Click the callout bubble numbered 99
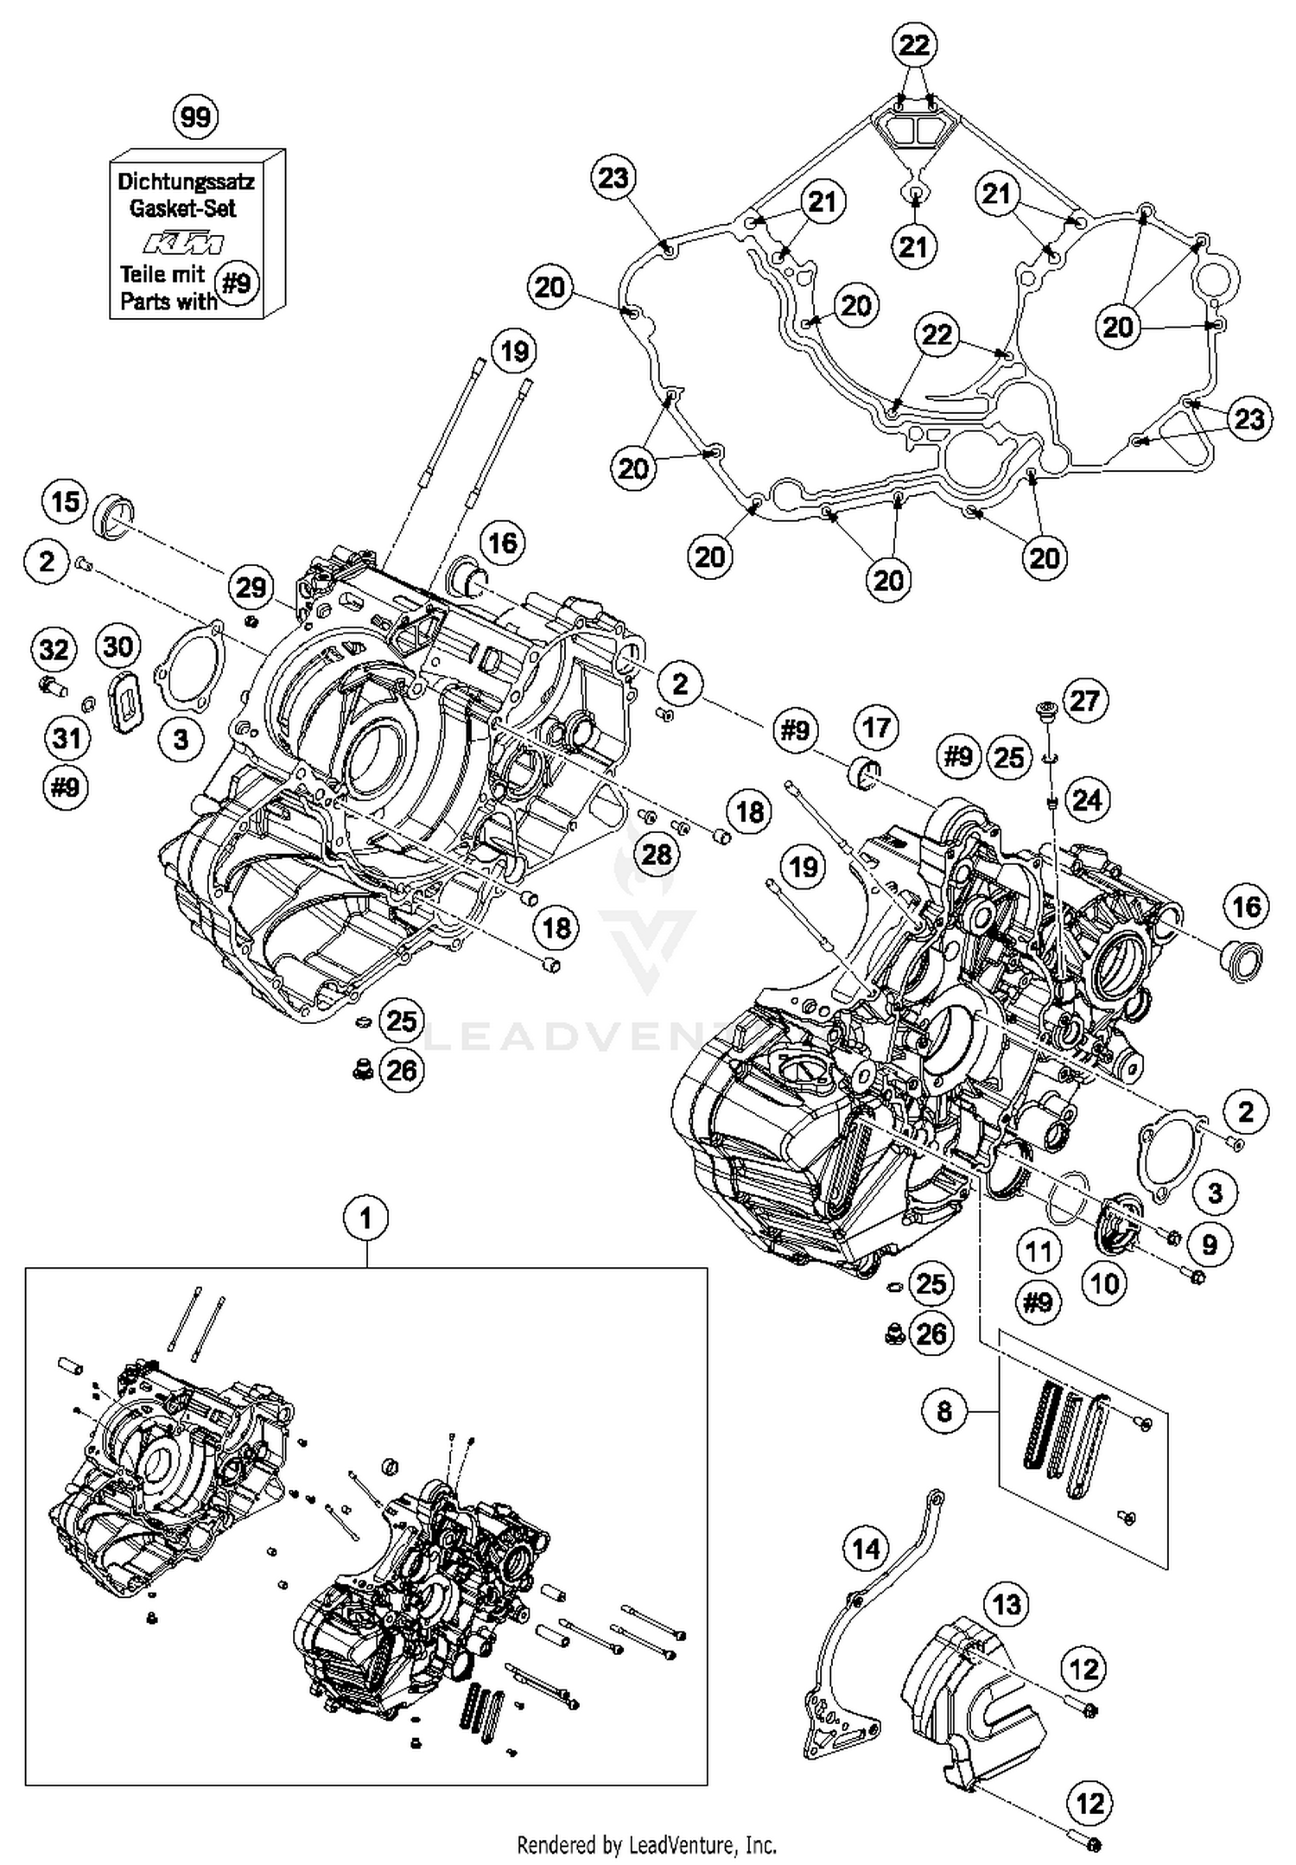196,117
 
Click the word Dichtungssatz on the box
186,181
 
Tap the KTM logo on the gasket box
183,242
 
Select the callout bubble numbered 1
365,1219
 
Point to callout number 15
66,501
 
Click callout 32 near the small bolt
54,648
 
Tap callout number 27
1084,699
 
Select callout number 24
1086,799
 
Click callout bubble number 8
943,1411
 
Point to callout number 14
866,1549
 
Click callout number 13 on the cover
1007,1605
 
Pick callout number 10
1105,1283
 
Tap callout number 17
876,727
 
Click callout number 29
251,587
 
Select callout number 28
657,854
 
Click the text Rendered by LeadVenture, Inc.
646,1845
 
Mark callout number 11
1038,1251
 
